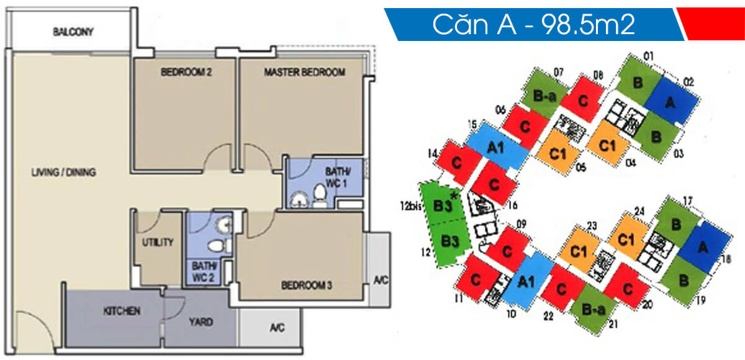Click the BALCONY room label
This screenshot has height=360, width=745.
[73, 32]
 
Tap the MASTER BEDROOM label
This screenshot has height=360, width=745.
[304, 72]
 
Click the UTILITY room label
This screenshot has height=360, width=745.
[157, 243]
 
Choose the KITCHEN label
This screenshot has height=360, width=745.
[122, 310]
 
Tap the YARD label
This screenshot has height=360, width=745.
[201, 322]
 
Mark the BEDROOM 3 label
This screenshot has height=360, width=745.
[307, 286]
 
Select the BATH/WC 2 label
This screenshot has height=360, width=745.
[202, 271]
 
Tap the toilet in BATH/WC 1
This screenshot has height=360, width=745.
[320, 197]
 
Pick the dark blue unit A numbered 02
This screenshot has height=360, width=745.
[669, 102]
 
